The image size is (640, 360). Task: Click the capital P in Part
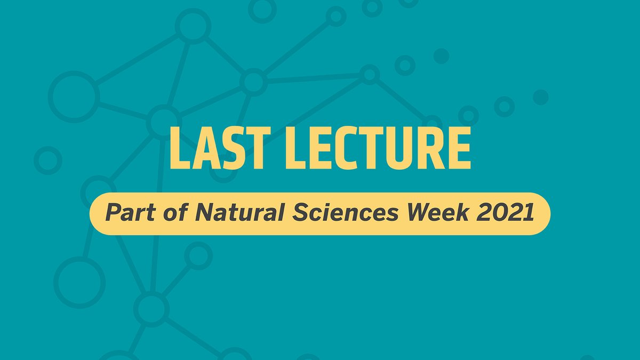pyautogui.click(x=111, y=213)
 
